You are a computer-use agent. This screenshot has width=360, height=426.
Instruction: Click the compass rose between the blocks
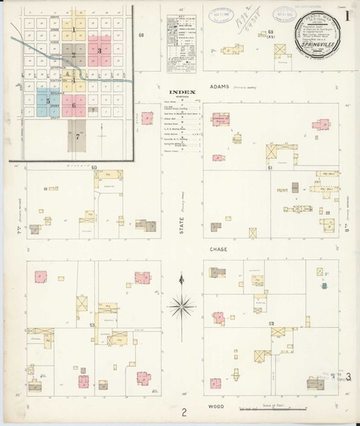[182, 307]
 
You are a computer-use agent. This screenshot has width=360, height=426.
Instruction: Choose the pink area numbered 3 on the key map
[99, 50]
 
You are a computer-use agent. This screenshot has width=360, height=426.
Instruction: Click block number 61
[271, 168]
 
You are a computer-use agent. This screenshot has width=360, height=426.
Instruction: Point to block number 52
[271, 323]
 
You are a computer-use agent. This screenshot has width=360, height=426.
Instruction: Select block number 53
[92, 324]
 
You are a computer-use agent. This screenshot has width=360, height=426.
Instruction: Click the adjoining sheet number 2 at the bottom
[183, 412]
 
